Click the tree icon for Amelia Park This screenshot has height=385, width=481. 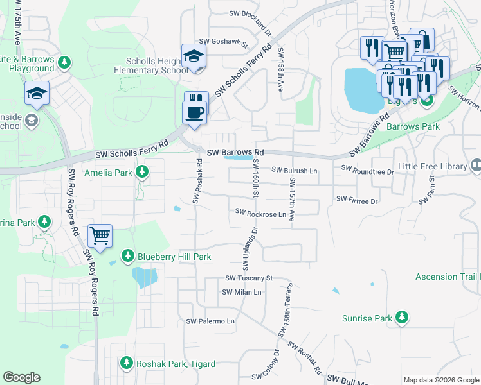point(142,173)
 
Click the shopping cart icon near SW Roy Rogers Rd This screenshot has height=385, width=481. point(100,236)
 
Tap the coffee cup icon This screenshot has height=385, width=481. point(195,112)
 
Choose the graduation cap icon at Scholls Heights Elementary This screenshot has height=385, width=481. point(194,56)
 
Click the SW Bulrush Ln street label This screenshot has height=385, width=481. point(295,171)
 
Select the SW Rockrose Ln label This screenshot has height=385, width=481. point(260,212)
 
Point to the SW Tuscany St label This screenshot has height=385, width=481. point(250,278)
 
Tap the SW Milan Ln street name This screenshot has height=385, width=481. point(242,292)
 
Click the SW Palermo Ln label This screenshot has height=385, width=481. point(210,321)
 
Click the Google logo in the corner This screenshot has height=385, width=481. point(21,377)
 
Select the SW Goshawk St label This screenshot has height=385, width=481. point(223,42)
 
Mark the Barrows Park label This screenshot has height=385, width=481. point(413,126)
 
